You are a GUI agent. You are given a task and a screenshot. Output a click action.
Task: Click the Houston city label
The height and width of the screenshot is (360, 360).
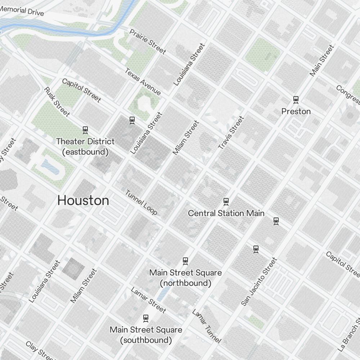[83, 201]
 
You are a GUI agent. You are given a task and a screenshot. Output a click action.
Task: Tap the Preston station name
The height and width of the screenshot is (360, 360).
[296, 112]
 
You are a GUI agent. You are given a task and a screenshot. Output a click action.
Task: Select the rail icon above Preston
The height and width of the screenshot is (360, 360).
[296, 99]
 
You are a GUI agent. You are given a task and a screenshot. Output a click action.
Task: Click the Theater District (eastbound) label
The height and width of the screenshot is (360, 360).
[85, 147]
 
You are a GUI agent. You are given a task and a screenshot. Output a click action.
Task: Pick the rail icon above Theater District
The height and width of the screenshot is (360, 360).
[85, 130]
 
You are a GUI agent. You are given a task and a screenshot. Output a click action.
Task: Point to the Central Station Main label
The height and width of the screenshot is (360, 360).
[226, 213]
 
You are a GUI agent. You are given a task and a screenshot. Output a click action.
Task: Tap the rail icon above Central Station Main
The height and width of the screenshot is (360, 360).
[226, 201]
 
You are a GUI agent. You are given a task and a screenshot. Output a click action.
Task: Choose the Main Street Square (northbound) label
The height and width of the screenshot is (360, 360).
[185, 278]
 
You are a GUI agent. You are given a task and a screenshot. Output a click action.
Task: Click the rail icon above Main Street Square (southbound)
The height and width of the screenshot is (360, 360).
[146, 318]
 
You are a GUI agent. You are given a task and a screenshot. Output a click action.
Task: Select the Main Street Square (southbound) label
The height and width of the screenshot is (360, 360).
[146, 335]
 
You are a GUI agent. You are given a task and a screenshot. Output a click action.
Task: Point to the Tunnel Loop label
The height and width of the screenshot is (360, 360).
[141, 202]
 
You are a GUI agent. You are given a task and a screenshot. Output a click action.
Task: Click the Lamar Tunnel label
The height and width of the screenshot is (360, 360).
[206, 326]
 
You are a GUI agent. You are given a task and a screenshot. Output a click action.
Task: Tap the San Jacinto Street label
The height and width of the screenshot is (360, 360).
[259, 282]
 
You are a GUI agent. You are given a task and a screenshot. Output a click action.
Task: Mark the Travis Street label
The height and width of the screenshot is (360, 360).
[231, 132]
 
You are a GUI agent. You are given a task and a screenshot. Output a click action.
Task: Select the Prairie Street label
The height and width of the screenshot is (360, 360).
[148, 42]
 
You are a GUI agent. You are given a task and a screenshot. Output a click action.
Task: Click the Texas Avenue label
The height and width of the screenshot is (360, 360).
[143, 82]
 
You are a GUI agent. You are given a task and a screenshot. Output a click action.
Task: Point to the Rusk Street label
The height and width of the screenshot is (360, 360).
[57, 102]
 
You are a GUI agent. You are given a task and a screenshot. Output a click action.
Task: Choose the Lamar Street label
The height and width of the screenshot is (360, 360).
[148, 300]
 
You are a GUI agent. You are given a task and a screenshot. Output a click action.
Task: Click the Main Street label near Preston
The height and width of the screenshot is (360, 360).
[322, 60]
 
